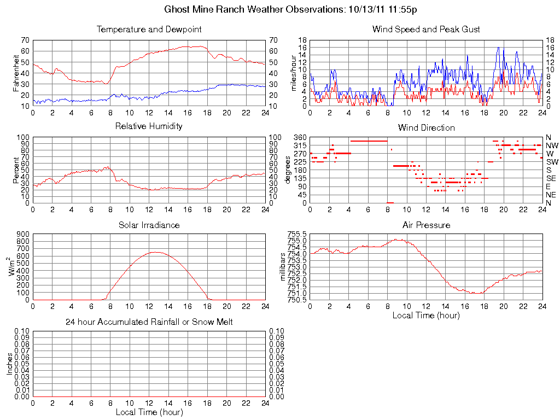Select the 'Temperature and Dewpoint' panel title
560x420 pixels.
click(149, 29)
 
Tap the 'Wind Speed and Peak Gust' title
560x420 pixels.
click(426, 29)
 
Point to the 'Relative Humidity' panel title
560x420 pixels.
click(149, 126)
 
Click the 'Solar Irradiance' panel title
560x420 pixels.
click(149, 225)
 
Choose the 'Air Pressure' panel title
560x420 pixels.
click(426, 225)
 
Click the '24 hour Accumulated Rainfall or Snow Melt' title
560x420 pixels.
click(149, 322)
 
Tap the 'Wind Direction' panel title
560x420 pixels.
click(426, 127)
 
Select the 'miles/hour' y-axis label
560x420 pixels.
click(294, 73)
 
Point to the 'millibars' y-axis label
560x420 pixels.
click(283, 266)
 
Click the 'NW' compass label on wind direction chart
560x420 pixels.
click(552, 145)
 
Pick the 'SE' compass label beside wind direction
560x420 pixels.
click(551, 178)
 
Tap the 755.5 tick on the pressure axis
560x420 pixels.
click(298, 234)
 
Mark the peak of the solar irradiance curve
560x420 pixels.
click(156, 252)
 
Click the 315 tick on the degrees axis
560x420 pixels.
click(299, 145)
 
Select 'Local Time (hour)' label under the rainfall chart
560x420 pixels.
click(149, 412)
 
